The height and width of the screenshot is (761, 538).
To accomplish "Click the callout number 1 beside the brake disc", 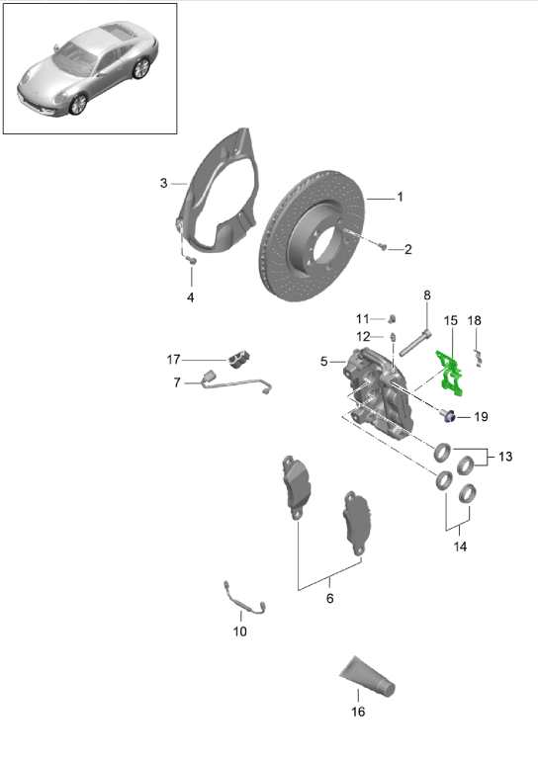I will [400, 197].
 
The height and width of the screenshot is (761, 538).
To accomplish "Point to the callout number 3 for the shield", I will [163, 183].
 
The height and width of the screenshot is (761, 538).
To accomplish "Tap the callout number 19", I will [481, 417].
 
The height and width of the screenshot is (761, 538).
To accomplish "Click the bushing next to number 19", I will [448, 414].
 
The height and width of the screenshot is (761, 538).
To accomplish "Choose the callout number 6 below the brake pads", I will [329, 598].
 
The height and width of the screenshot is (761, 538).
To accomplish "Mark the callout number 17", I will [174, 358].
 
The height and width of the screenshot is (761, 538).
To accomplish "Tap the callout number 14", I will [459, 545].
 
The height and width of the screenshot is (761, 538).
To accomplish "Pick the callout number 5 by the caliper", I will [323, 363].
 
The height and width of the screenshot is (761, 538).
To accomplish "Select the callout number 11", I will [362, 318].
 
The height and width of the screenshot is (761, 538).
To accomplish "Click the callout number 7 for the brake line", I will [176, 382].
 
